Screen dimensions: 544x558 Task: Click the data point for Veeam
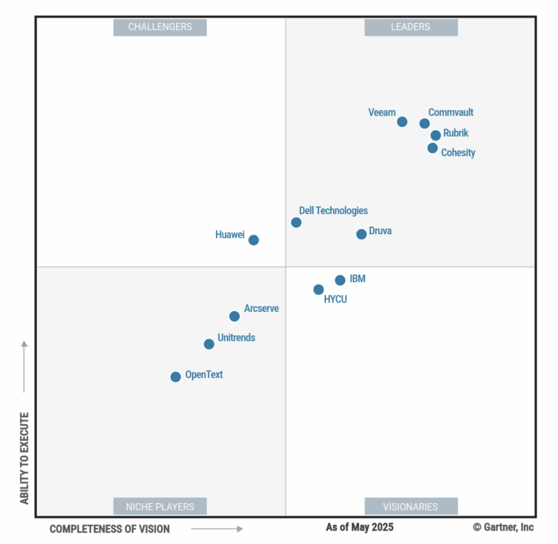tap(402, 122)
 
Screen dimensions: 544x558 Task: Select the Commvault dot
tap(424, 123)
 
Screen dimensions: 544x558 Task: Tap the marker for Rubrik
tap(435, 135)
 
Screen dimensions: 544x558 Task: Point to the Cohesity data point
tap(433, 148)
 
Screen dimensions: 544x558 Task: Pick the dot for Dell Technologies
tap(296, 222)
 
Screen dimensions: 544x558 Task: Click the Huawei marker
tap(253, 240)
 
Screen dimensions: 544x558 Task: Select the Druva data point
tap(361, 234)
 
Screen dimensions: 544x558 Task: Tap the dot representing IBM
tap(340, 280)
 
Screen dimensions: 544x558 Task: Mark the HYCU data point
tap(318, 289)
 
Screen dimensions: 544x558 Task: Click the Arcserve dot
tap(234, 316)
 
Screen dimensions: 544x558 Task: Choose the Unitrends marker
tap(209, 344)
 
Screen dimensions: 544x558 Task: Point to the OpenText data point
tap(175, 377)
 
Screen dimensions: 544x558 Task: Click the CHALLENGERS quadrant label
tap(160, 27)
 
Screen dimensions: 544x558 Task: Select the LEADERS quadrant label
tap(410, 27)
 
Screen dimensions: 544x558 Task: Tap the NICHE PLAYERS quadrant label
tap(160, 506)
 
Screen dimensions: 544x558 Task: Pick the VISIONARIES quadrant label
tap(410, 506)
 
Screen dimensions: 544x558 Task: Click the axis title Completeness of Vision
tap(110, 529)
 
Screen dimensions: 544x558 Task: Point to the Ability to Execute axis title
tap(24, 458)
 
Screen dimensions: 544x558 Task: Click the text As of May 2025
tap(360, 527)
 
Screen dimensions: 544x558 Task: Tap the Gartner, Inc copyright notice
tap(503, 527)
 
